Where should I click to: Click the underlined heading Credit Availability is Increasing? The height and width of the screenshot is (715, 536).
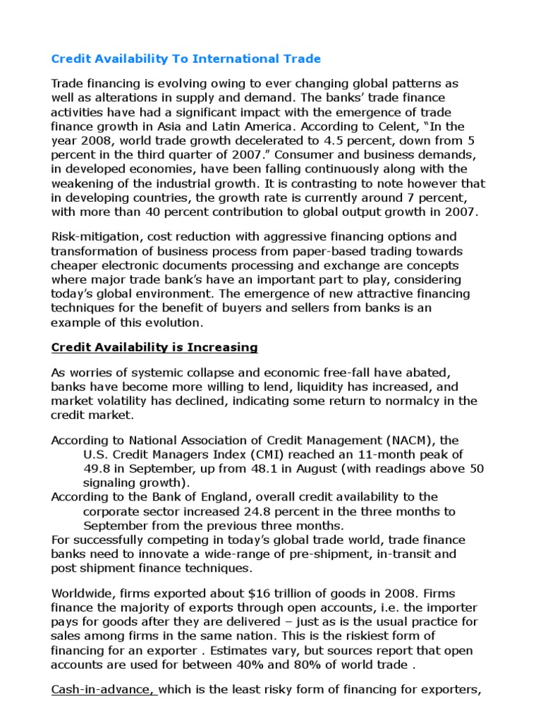155,347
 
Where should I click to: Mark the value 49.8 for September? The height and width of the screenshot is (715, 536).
95,469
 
